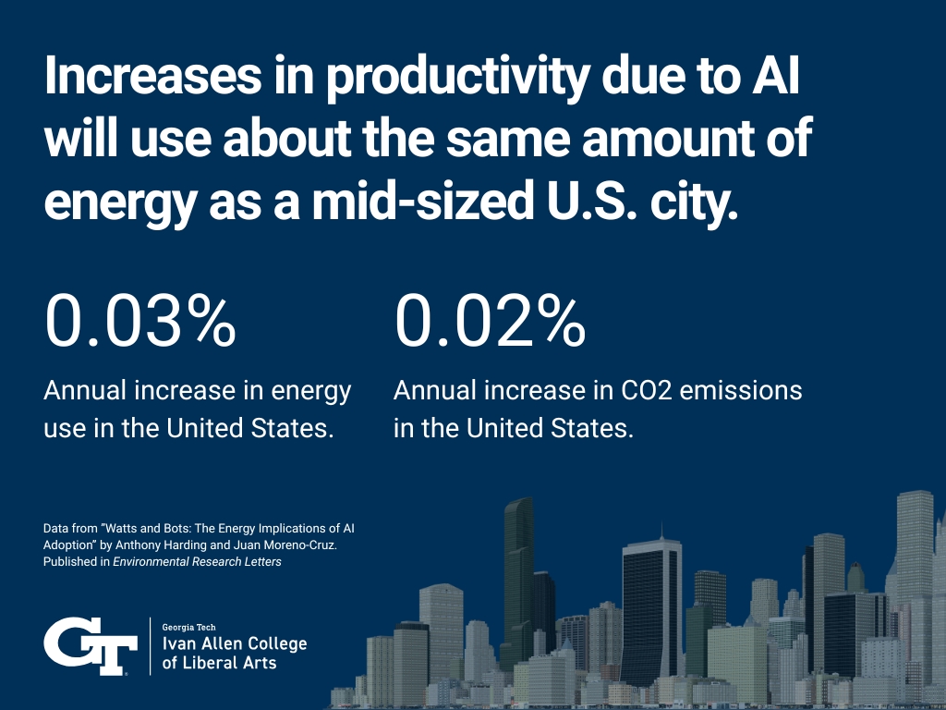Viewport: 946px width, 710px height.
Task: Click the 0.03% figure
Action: (x=140, y=321)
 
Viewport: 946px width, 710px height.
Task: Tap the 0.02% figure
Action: (x=490, y=321)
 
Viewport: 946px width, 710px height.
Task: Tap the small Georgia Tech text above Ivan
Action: (x=188, y=627)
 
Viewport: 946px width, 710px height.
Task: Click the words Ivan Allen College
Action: (x=234, y=643)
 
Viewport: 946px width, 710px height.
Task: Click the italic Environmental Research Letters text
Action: (x=211, y=561)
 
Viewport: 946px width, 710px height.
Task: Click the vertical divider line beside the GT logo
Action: (x=150, y=645)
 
